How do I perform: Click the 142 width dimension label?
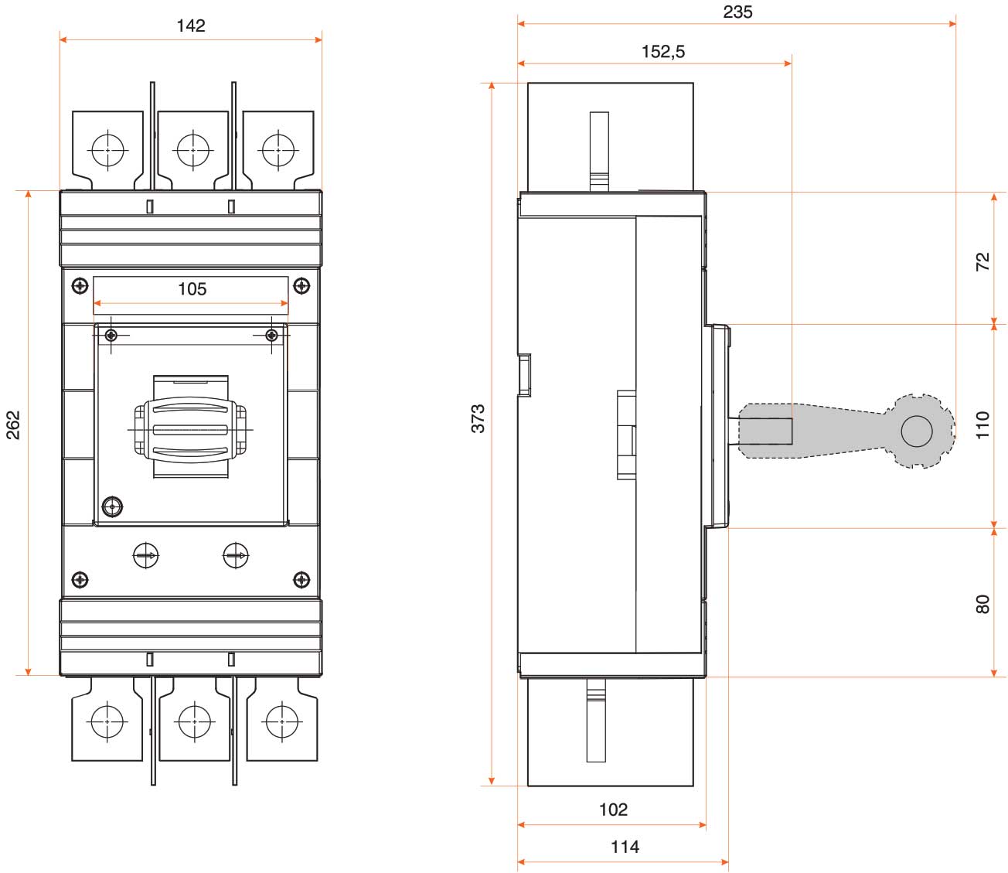coord(191,26)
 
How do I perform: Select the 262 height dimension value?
coord(14,425)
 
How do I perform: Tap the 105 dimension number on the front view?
coord(192,289)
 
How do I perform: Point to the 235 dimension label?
coord(737,12)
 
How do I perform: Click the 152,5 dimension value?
coord(663,51)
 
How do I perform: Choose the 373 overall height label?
coord(478,418)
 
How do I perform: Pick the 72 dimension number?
coord(982,261)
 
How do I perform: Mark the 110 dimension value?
coord(982,425)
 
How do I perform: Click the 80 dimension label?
coord(982,604)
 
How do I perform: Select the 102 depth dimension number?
coord(613,810)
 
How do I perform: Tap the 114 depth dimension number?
coord(625,847)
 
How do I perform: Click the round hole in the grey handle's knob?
coord(917,431)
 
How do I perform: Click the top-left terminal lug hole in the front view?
coord(107,150)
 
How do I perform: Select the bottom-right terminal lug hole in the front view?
coord(281,721)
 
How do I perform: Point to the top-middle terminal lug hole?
coord(193,150)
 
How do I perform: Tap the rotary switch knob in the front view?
coord(190,429)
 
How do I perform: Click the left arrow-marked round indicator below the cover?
coord(145,555)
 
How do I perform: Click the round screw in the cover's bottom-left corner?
coord(113,507)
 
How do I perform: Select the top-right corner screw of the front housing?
coord(301,286)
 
